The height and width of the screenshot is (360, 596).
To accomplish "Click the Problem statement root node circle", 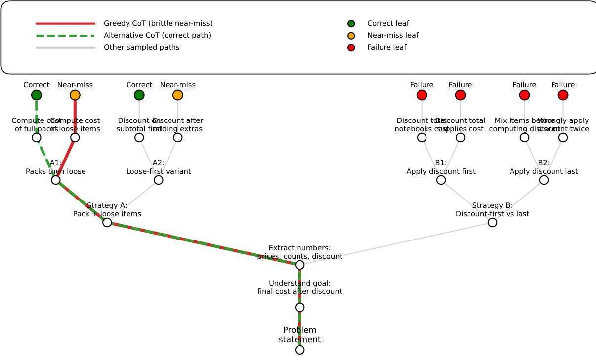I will point(299,350).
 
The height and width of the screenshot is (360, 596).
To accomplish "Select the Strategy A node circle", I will point(107,222).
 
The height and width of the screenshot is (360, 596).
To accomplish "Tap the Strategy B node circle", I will point(492,222).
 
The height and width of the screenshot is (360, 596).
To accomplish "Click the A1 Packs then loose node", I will point(56,180).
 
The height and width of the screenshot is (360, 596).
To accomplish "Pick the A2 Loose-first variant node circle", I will point(159,180).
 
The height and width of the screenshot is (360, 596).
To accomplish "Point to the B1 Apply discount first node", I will point(441,180).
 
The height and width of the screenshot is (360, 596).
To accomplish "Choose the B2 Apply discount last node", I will point(544,180).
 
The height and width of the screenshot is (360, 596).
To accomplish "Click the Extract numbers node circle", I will point(299,265).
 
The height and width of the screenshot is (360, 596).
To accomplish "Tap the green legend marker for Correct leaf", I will point(351,23).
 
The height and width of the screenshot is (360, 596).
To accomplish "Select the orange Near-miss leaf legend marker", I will point(351,36).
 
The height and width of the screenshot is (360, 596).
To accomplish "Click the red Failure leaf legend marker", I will point(351,48).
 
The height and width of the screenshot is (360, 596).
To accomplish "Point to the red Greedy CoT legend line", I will point(65,23).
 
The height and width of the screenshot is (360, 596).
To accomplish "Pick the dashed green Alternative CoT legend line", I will point(65,36).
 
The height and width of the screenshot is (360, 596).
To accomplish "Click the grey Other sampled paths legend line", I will point(65,48).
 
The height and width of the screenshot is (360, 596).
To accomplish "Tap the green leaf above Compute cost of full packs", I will point(37,95).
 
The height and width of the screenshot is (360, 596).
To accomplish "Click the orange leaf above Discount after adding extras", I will point(178,95).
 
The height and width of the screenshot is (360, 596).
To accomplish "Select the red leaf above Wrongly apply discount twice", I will point(563,95).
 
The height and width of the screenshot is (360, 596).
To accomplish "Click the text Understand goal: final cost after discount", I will point(299,287).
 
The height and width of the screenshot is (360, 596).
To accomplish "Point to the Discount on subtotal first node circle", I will point(139,137).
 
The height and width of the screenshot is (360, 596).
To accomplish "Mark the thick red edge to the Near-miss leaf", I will point(75,116).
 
